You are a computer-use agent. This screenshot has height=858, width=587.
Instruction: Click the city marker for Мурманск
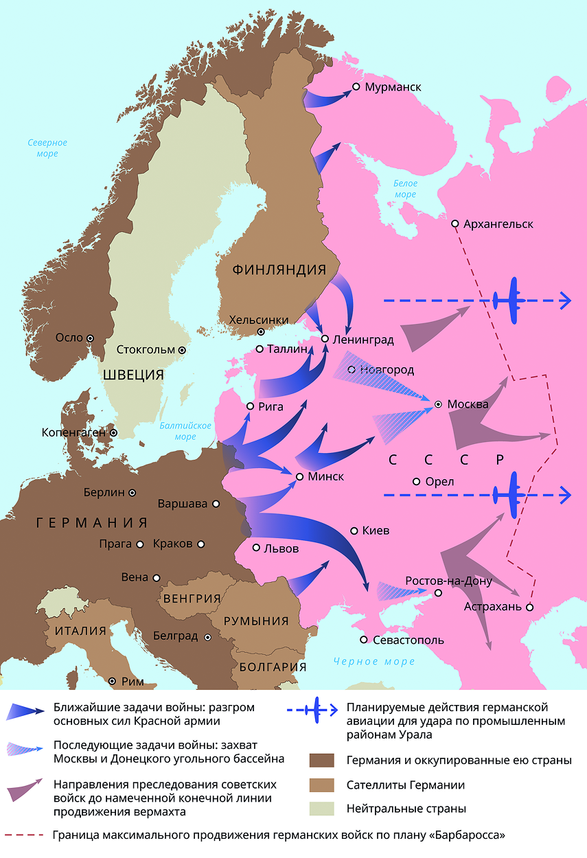point(356,87)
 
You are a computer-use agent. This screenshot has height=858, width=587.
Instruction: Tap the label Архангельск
point(498,224)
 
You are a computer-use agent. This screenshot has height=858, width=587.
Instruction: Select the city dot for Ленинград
point(325,339)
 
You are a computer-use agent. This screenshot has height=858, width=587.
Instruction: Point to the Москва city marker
point(437,404)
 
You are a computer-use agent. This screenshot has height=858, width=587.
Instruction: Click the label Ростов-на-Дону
point(448,581)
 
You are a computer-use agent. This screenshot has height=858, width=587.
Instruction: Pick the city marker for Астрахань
point(529,607)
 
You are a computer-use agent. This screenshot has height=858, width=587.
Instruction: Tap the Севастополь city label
point(408,640)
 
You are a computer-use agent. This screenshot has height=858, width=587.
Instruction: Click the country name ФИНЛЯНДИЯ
point(278,269)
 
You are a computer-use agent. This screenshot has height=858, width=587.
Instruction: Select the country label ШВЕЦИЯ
point(134,374)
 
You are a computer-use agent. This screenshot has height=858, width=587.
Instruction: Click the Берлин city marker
point(132,492)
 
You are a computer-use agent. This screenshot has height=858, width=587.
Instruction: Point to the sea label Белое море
point(404,189)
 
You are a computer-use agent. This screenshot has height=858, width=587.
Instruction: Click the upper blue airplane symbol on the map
point(509,301)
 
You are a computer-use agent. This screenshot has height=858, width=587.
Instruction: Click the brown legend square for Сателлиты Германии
point(321,785)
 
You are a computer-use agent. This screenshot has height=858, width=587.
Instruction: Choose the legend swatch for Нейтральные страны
point(321,809)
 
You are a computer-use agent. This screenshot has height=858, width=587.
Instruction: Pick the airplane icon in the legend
point(316,710)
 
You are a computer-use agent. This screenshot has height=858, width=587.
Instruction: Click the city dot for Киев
point(354,531)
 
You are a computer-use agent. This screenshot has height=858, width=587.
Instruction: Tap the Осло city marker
point(90,338)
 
